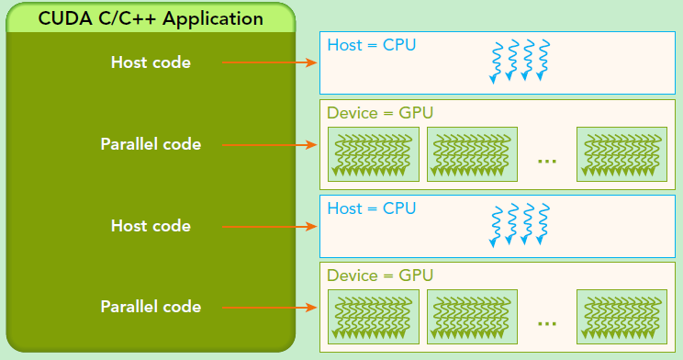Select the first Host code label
(151, 62)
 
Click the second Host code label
(151, 225)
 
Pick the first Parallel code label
(151, 144)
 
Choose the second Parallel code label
(151, 306)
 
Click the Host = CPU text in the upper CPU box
(372, 44)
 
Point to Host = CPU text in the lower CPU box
(372, 208)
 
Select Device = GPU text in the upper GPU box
(380, 113)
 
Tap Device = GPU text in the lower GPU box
(380, 276)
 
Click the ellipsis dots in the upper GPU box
(547, 161)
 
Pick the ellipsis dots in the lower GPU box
(547, 323)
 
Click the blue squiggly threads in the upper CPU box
(520, 61)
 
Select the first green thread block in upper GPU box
(373, 153)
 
